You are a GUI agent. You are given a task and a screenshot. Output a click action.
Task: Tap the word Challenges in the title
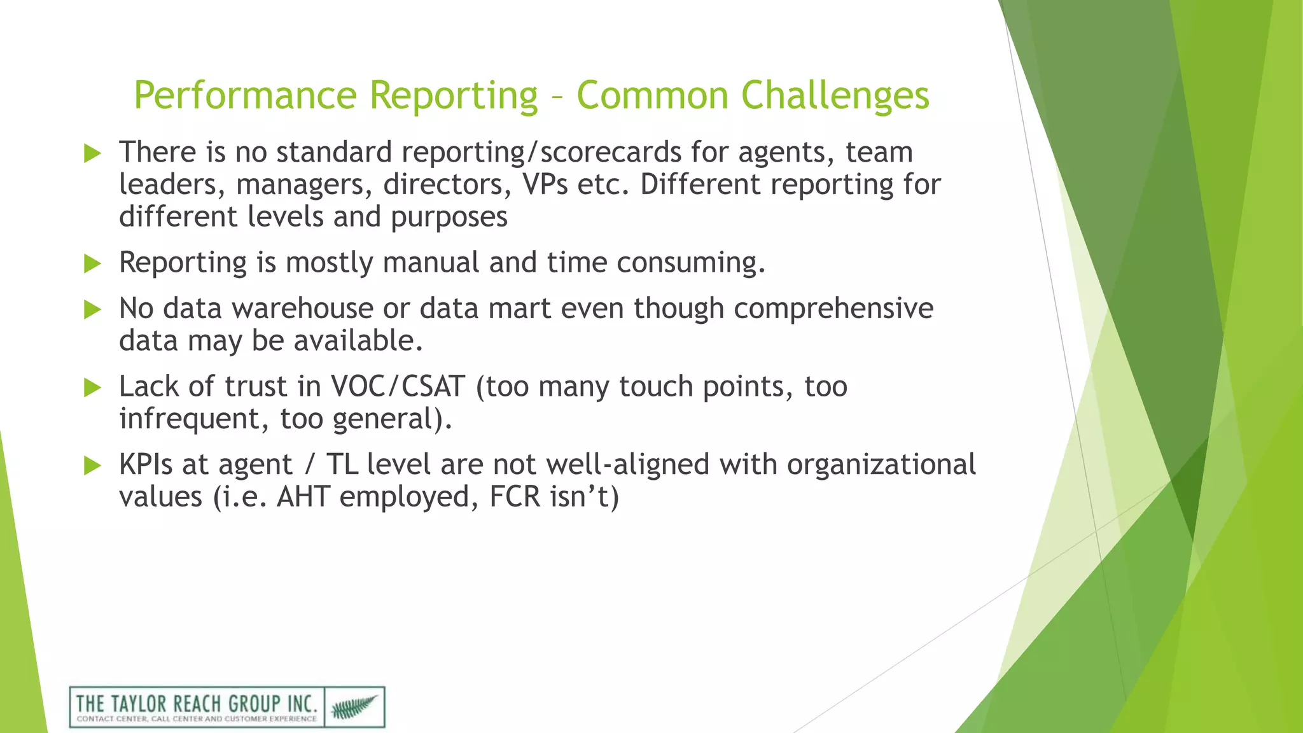(835, 96)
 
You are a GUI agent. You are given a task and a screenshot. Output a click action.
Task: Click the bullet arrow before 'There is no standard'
(92, 153)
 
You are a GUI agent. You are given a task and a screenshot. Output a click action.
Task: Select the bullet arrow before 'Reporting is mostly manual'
(92, 263)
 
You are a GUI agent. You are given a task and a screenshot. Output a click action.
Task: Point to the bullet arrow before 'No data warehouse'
(92, 310)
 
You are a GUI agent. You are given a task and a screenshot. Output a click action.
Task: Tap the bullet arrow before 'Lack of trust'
(92, 387)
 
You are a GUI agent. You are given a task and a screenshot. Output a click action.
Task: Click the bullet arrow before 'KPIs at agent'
(92, 466)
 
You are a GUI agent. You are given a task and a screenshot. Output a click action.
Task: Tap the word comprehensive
(833, 309)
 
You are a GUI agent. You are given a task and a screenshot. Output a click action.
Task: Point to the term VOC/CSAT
(398, 387)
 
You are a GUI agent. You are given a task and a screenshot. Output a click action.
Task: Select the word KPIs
(146, 464)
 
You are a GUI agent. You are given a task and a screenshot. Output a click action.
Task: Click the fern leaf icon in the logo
(354, 707)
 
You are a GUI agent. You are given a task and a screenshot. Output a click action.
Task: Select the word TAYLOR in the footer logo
(139, 704)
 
